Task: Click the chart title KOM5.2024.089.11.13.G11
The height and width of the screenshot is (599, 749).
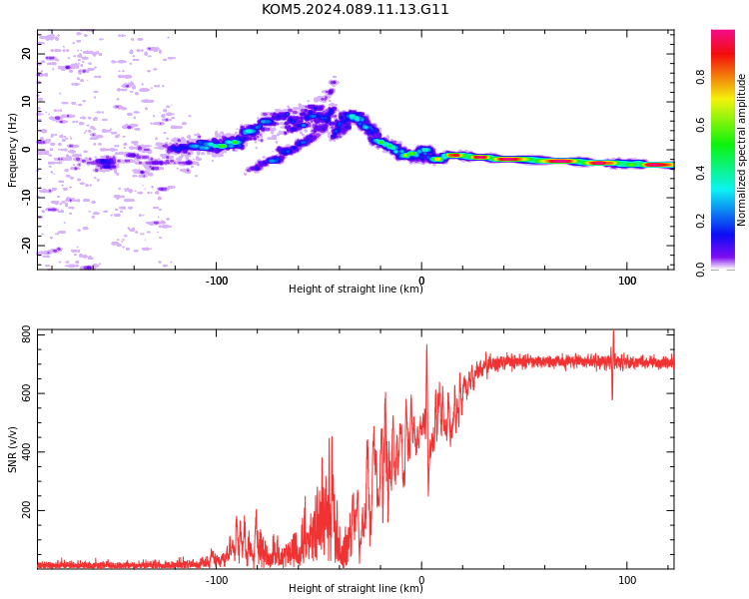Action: (x=355, y=10)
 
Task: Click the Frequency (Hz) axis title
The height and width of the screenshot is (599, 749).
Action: (x=12, y=150)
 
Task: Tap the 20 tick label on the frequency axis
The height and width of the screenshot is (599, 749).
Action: (x=26, y=54)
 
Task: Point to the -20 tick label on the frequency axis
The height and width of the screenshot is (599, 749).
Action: (x=26, y=246)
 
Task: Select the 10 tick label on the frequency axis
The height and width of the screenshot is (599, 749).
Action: (x=26, y=101)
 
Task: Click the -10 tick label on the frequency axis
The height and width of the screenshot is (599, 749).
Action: (x=26, y=198)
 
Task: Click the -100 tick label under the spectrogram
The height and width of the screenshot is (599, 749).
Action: (x=217, y=281)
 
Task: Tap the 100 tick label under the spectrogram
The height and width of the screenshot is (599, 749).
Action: (x=627, y=281)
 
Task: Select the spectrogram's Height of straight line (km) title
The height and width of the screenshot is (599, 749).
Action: (x=356, y=289)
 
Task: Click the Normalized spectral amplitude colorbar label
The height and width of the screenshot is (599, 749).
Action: (x=741, y=150)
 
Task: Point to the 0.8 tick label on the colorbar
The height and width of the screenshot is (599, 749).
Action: (x=701, y=77)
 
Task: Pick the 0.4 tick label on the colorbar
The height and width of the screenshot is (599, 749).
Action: (x=701, y=173)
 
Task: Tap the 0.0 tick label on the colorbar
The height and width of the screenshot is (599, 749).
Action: (x=701, y=269)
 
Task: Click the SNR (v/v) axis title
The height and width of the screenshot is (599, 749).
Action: (x=12, y=449)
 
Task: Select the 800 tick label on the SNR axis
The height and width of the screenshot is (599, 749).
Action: (x=26, y=334)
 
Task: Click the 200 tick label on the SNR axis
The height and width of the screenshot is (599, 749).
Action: (x=26, y=510)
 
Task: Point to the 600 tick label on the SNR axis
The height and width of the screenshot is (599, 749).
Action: (x=26, y=393)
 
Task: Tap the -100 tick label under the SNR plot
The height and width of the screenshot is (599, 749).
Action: (x=217, y=580)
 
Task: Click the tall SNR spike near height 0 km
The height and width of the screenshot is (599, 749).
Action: (x=427, y=344)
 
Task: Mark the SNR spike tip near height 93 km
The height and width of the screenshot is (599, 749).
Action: (x=613, y=330)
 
